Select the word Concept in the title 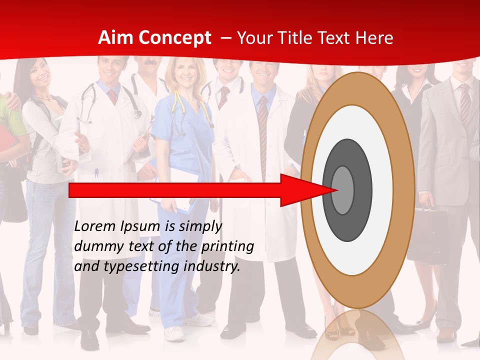pos(174,38)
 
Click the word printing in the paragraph pos(228,246)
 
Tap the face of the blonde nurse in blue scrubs pos(184,73)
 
